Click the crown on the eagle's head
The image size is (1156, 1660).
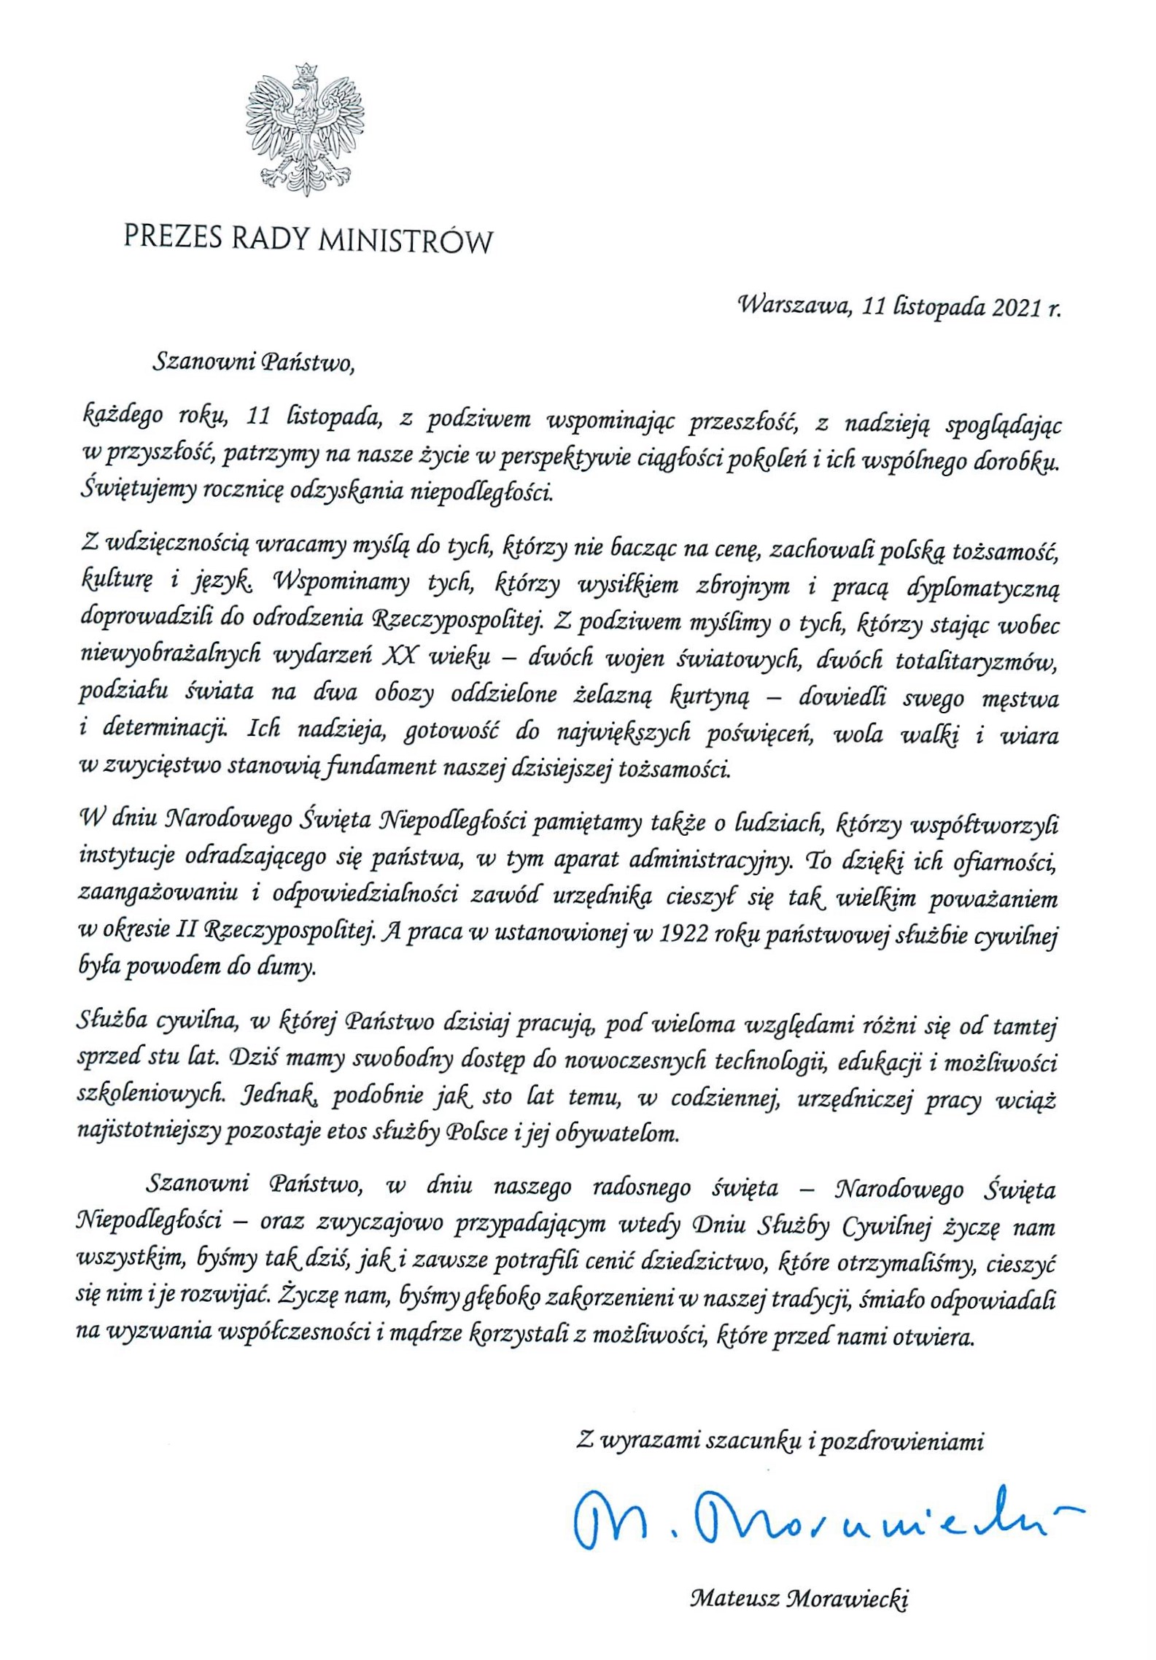(307, 71)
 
